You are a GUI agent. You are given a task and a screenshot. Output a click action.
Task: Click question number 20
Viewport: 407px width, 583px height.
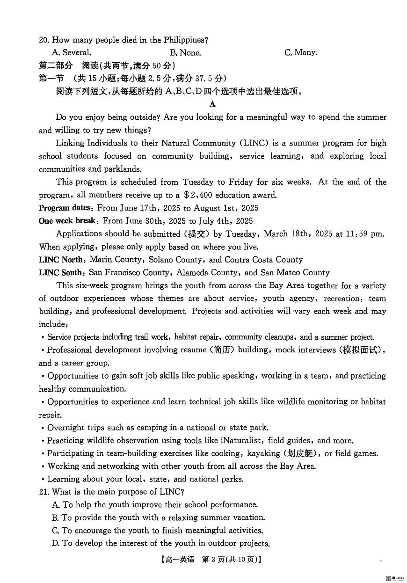[x=44, y=40]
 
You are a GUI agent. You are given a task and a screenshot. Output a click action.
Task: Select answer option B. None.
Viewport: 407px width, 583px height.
[x=185, y=53]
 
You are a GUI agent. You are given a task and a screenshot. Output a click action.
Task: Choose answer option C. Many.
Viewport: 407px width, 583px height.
[x=300, y=53]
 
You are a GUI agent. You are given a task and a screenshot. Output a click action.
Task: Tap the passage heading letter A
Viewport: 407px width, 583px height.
[x=213, y=104]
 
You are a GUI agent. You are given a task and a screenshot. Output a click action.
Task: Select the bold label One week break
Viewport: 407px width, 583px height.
[x=68, y=221]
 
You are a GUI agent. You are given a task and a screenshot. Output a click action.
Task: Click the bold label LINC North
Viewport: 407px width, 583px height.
[x=62, y=260]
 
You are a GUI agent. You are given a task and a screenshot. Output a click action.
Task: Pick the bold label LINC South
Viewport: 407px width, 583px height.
[x=61, y=273]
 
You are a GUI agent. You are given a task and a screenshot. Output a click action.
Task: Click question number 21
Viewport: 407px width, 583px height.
[x=44, y=492]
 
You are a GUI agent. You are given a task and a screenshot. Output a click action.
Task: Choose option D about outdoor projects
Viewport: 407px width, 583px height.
[x=161, y=544]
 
